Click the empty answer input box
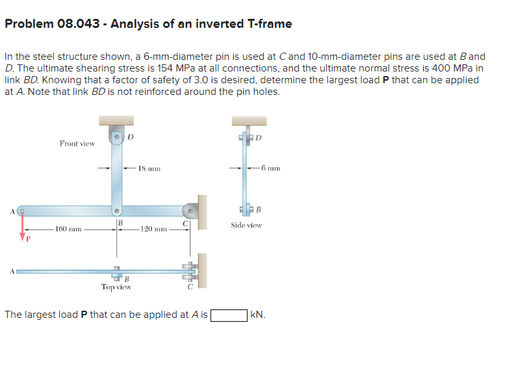(229, 315)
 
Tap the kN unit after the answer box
(258, 315)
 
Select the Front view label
(77, 143)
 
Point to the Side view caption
(246, 226)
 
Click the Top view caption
(117, 287)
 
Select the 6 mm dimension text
(269, 168)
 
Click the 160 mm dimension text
(68, 229)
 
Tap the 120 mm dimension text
(153, 229)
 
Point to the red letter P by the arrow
(28, 239)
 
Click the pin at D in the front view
(116, 138)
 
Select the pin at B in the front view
(116, 211)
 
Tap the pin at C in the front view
(190, 211)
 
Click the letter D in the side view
(258, 137)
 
